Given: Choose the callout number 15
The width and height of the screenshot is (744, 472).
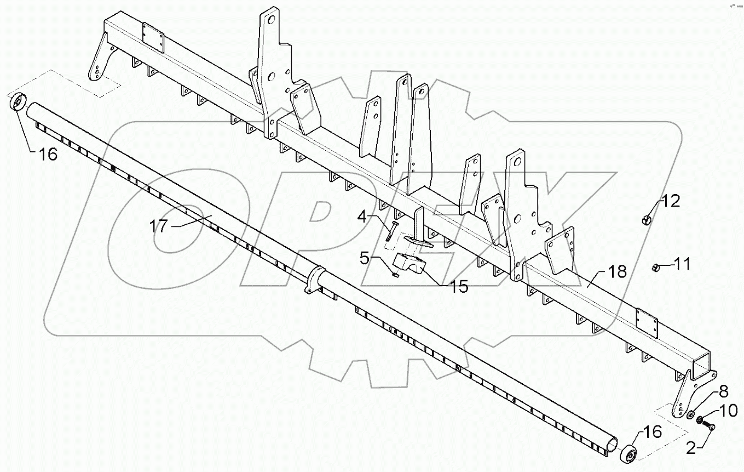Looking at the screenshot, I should pos(459,286).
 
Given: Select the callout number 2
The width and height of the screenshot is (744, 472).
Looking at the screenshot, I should pos(691,449).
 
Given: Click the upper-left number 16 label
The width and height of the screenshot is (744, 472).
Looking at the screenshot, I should pos(48,155).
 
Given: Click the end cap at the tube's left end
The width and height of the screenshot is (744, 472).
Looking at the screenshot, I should pos(18,103).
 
